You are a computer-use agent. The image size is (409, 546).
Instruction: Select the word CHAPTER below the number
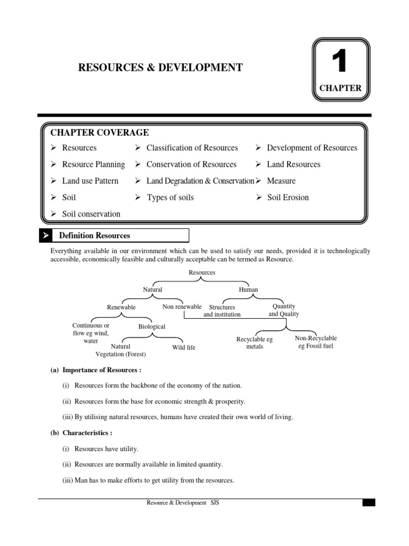[340, 89]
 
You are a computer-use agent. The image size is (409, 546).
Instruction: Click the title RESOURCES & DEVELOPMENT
[160, 67]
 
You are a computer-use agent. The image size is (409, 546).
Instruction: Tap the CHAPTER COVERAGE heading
[100, 132]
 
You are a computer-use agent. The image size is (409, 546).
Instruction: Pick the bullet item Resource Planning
[93, 164]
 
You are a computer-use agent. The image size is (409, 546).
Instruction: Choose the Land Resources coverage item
[293, 164]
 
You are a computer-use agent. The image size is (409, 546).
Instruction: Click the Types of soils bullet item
[170, 197]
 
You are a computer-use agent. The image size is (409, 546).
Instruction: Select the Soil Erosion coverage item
[288, 197]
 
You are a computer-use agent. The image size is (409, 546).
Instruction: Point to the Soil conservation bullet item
[91, 214]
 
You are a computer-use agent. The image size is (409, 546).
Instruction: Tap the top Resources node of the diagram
[202, 272]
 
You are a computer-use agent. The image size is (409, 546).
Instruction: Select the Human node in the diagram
[248, 290]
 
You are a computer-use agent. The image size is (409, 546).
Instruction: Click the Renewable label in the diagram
[121, 307]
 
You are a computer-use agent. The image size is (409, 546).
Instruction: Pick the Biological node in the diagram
[152, 326]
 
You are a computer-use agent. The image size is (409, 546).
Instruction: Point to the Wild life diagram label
[184, 347]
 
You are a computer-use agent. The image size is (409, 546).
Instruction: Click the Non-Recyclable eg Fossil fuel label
[316, 342]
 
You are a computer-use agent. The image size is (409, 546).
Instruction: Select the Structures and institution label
[222, 311]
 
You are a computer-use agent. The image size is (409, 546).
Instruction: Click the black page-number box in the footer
[369, 503]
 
